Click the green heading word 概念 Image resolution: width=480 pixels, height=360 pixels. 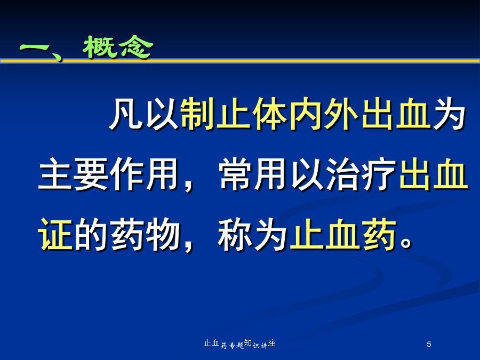(x=118, y=47)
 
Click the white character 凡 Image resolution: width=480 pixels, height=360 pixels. (x=126, y=114)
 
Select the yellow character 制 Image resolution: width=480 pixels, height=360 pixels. (x=197, y=114)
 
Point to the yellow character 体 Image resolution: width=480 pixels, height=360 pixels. (x=269, y=114)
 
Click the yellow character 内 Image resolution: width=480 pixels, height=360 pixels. (x=305, y=114)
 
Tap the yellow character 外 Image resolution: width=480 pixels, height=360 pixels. (x=341, y=114)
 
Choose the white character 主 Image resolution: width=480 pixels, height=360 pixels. (x=55, y=174)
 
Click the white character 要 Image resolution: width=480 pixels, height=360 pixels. (x=91, y=174)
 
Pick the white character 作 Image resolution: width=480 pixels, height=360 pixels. (x=127, y=174)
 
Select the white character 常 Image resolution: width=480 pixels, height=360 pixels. (x=235, y=174)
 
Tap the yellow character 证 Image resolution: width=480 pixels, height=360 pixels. (x=55, y=235)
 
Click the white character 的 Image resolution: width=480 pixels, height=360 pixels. (x=91, y=235)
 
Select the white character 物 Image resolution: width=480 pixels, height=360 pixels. (x=163, y=235)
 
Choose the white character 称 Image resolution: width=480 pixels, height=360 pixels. (x=235, y=235)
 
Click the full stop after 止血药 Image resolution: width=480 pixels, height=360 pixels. (x=406, y=243)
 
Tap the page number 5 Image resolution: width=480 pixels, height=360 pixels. (x=429, y=345)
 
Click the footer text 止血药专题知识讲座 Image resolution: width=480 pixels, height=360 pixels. (x=240, y=344)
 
